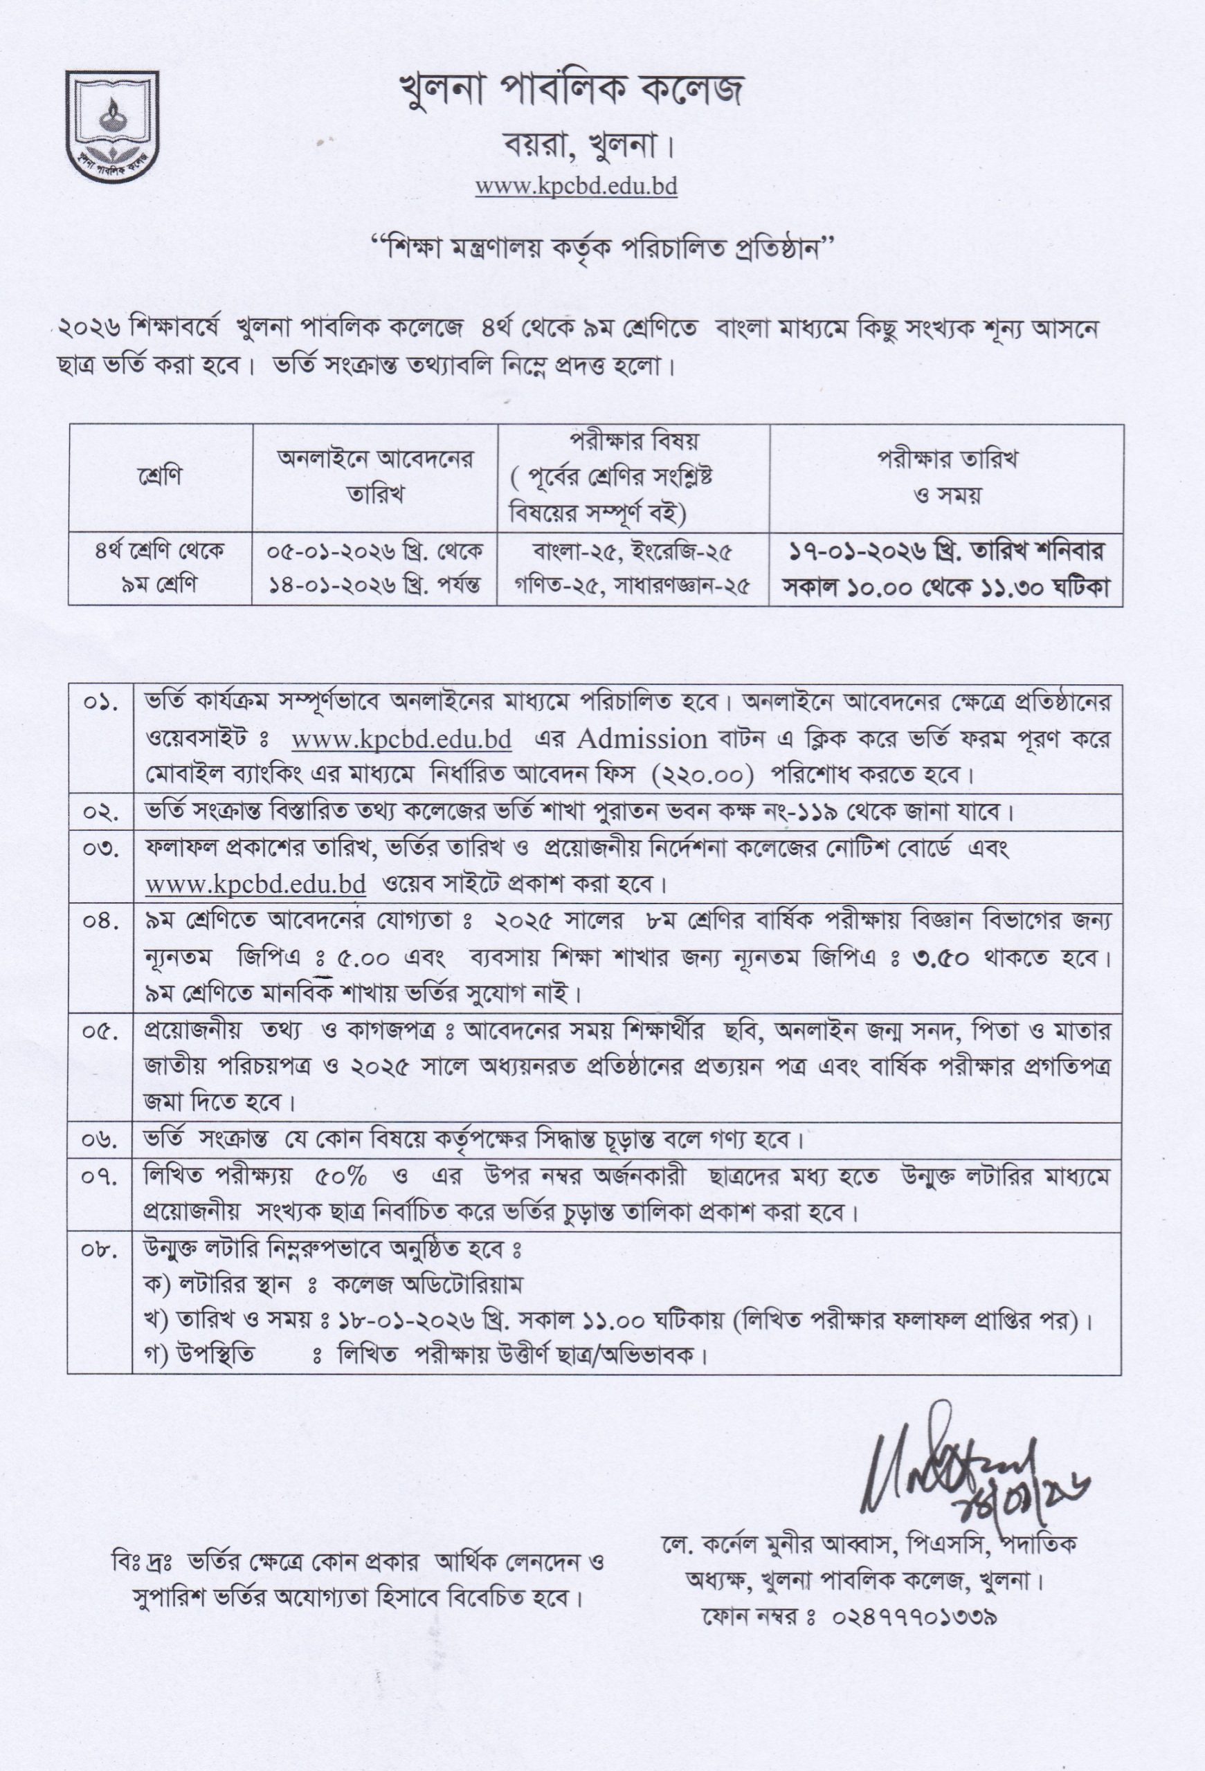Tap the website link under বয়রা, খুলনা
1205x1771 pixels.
coord(577,186)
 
